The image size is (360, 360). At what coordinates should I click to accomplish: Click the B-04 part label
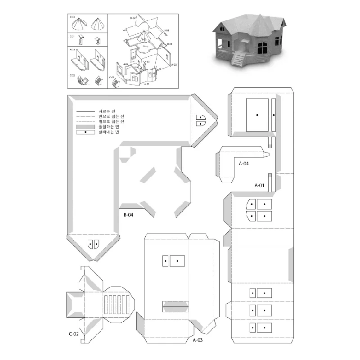128,215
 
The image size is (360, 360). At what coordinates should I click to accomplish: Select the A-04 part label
244,164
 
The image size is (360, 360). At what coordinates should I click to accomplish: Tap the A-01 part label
260,185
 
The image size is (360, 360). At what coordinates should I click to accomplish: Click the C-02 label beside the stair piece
74,333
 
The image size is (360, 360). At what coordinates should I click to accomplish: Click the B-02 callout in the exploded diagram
133,18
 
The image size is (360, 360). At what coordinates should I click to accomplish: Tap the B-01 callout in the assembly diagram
166,30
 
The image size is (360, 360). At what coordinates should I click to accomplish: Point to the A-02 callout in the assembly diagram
174,65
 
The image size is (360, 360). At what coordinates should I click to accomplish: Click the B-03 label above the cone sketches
72,17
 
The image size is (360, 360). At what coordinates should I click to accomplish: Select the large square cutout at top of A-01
257,115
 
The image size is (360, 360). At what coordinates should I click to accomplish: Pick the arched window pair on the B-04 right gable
200,120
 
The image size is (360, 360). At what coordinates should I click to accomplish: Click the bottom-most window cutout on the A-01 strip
261,327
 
